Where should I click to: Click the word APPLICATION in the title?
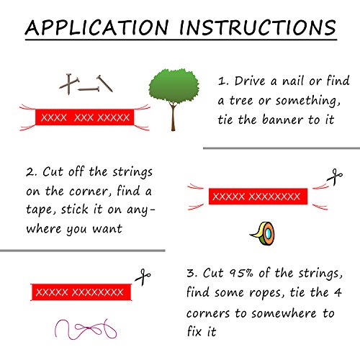96,27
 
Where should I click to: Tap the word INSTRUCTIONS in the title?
258,27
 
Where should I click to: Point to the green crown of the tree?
174,86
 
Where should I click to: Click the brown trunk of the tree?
173,117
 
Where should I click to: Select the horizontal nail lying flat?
89,90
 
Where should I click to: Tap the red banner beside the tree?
84,117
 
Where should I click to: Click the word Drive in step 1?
250,81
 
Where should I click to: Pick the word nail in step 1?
294,81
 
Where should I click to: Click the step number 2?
30,172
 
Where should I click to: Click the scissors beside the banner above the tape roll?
335,177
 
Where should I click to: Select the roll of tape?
263,233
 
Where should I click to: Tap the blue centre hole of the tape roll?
268,233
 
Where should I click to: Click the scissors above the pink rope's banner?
143,277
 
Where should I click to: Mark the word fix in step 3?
194,331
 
